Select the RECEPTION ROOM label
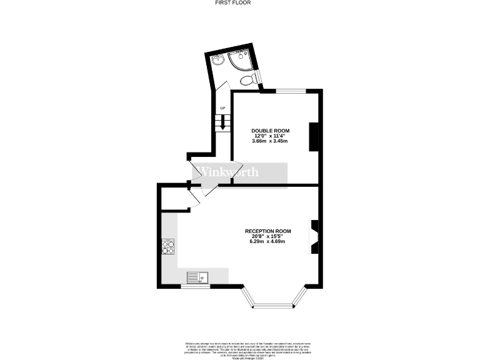pyautogui.click(x=267, y=231)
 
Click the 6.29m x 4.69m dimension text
pyautogui.click(x=267, y=241)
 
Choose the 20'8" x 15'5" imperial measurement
pyautogui.click(x=267, y=236)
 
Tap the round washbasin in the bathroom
pyautogui.click(x=217, y=61)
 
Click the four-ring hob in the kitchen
pyautogui.click(x=167, y=248)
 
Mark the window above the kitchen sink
pyautogui.click(x=195, y=286)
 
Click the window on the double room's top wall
pyautogui.click(x=291, y=91)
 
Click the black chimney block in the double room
pyautogui.click(x=314, y=136)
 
